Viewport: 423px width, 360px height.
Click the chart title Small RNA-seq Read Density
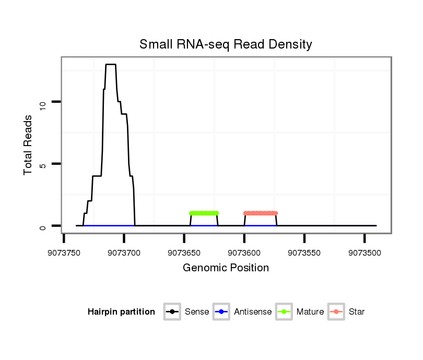coord(226,44)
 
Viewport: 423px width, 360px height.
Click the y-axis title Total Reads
coord(28,145)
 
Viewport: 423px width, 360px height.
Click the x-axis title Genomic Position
coord(226,268)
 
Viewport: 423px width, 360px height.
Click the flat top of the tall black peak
coord(111,65)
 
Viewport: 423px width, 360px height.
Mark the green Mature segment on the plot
coord(204,213)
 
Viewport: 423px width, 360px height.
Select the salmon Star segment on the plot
coord(261,213)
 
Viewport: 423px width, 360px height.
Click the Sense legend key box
coord(172,312)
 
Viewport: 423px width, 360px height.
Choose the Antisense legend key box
coord(221,312)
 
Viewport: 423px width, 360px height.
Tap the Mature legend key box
coord(284,312)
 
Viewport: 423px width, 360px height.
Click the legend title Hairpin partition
coord(121,312)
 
